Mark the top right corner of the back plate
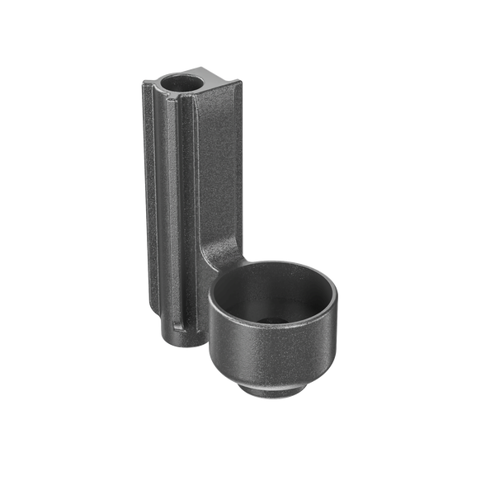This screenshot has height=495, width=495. [240, 81]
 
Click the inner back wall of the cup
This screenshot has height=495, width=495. [272, 285]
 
